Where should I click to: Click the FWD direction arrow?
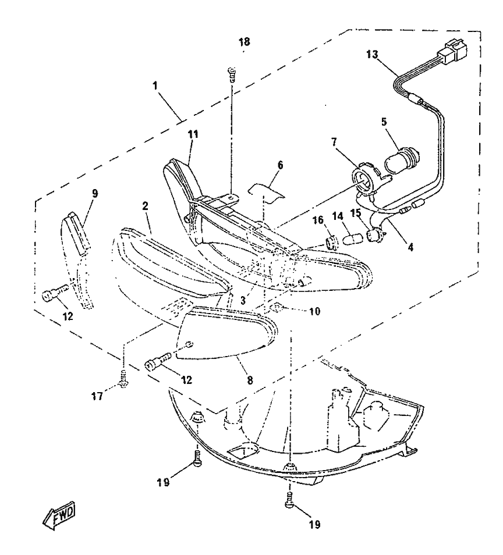59,515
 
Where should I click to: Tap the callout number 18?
244,42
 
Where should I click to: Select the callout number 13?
372,55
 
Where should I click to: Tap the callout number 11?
193,134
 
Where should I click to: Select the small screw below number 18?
232,74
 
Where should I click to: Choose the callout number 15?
356,214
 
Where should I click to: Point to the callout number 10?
314,311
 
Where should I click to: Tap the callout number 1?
155,86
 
